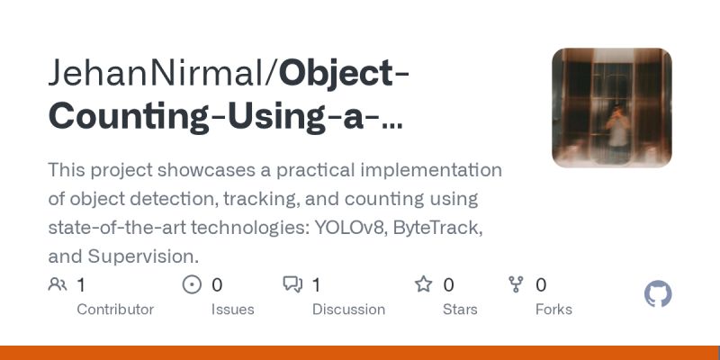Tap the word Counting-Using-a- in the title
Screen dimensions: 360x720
coord(216,116)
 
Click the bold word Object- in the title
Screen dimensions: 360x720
coord(345,73)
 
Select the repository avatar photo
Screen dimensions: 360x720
coord(611,108)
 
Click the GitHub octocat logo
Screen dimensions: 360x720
coord(659,294)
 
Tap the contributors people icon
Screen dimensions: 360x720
coord(58,285)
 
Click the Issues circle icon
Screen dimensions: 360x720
coord(192,285)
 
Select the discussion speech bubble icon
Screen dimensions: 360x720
coord(292,285)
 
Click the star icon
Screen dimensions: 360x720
coord(423,285)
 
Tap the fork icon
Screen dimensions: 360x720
coord(516,285)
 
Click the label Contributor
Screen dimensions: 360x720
coord(115,310)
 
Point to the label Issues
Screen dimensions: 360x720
coord(232,310)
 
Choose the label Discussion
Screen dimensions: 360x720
coord(348,310)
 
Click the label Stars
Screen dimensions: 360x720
coord(460,310)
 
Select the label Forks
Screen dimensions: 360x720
coord(553,310)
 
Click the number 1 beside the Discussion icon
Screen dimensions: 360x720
coord(317,285)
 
